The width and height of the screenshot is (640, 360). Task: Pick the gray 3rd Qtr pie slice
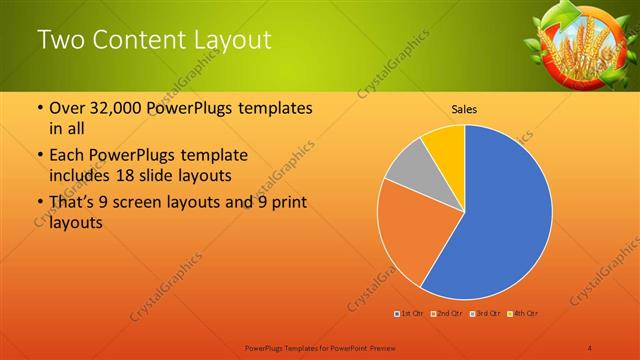tap(405, 168)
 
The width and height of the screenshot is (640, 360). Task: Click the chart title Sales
tap(464, 109)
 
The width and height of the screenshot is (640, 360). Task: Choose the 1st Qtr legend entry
tap(409, 314)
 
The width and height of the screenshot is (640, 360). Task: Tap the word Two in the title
tap(59, 40)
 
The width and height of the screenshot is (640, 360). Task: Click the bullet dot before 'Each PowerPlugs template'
tap(39, 156)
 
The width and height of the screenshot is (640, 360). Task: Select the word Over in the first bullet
tap(68, 108)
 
